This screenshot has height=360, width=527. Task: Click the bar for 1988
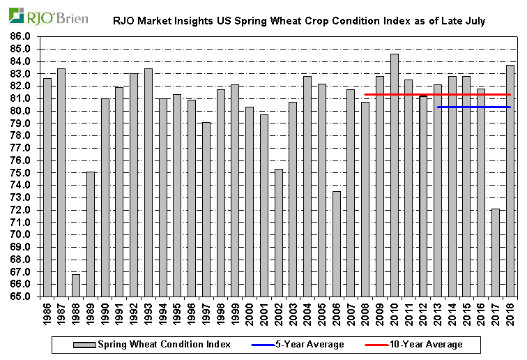click(76, 285)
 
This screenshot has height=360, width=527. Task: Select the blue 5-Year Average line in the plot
click(474, 107)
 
